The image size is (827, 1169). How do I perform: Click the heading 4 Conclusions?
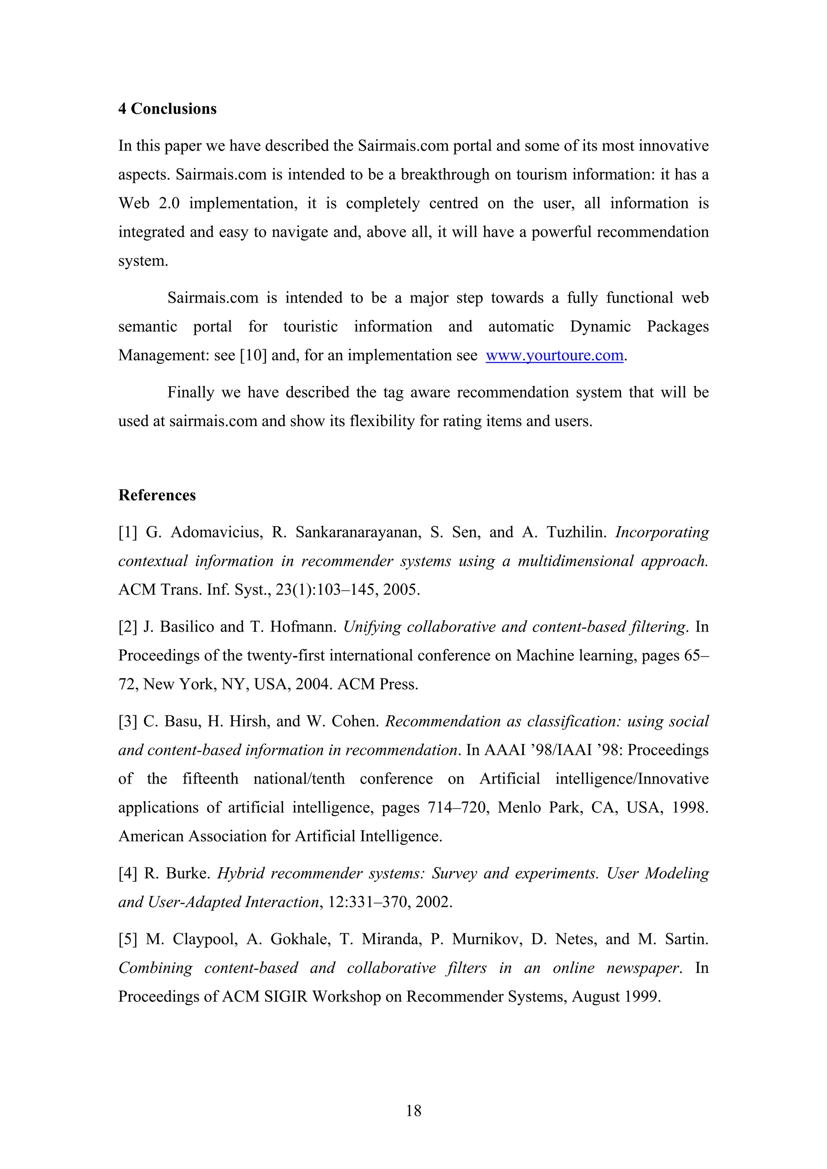click(x=167, y=109)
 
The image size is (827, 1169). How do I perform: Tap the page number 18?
click(x=413, y=1110)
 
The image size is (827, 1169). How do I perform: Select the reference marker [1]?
click(x=127, y=533)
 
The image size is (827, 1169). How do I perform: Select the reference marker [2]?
click(x=127, y=627)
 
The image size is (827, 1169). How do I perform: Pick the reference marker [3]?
click(x=127, y=721)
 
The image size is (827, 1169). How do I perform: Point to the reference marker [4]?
click(x=127, y=873)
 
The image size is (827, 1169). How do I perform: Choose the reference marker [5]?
click(x=127, y=939)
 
